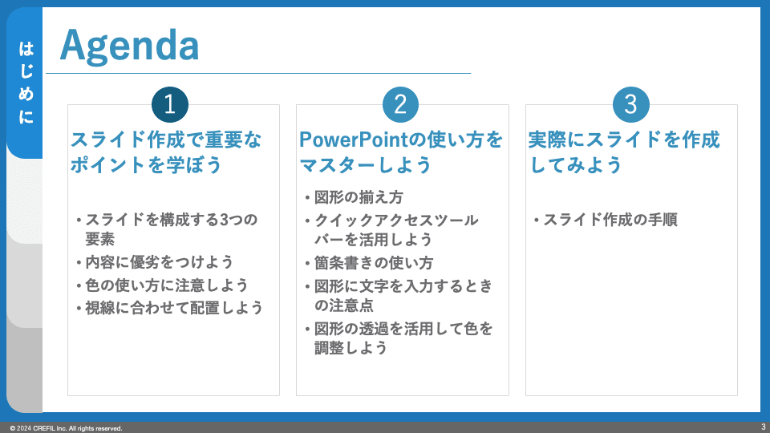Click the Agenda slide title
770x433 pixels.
pos(130,46)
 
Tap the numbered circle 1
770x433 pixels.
pos(170,104)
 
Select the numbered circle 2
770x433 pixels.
pos(400,104)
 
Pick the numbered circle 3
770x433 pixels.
pos(631,104)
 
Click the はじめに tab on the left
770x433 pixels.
pos(26,83)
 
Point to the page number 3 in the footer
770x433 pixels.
pos(763,427)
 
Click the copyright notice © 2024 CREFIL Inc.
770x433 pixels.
pos(66,428)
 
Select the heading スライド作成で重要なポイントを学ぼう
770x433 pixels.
pos(166,152)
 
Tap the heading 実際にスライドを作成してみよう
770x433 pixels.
pos(624,152)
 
